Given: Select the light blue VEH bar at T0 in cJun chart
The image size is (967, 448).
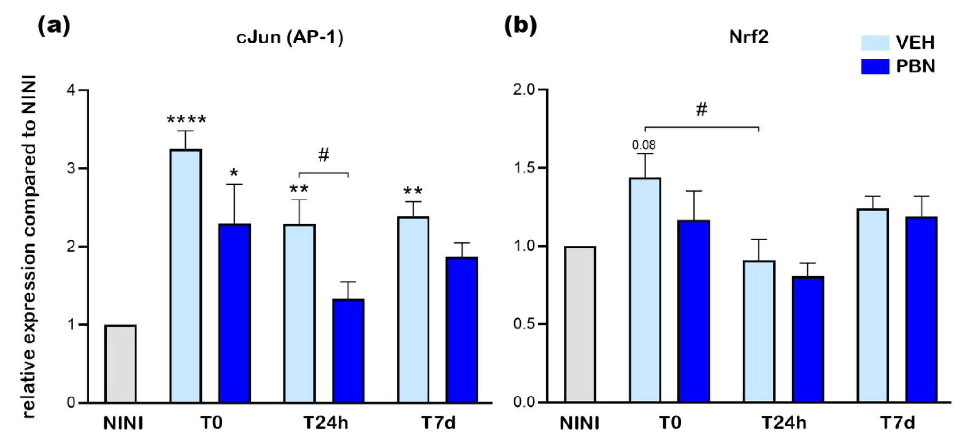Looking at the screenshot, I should pos(185,276).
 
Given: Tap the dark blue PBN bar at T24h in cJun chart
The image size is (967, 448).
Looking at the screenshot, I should pos(348,351).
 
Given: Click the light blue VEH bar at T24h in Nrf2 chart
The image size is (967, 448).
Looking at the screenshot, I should pos(759,331).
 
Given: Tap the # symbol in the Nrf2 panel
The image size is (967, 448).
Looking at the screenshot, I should pos(701,110).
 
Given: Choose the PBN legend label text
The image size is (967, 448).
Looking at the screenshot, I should pos(915,67).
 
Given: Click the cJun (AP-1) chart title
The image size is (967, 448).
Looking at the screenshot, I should pos(290,38).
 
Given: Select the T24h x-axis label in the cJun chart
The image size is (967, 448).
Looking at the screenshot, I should pos(325,423).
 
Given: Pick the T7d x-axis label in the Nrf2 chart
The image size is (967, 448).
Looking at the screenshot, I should pos(897,423).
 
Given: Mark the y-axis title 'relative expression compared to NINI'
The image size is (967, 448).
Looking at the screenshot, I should pos(29,246).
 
